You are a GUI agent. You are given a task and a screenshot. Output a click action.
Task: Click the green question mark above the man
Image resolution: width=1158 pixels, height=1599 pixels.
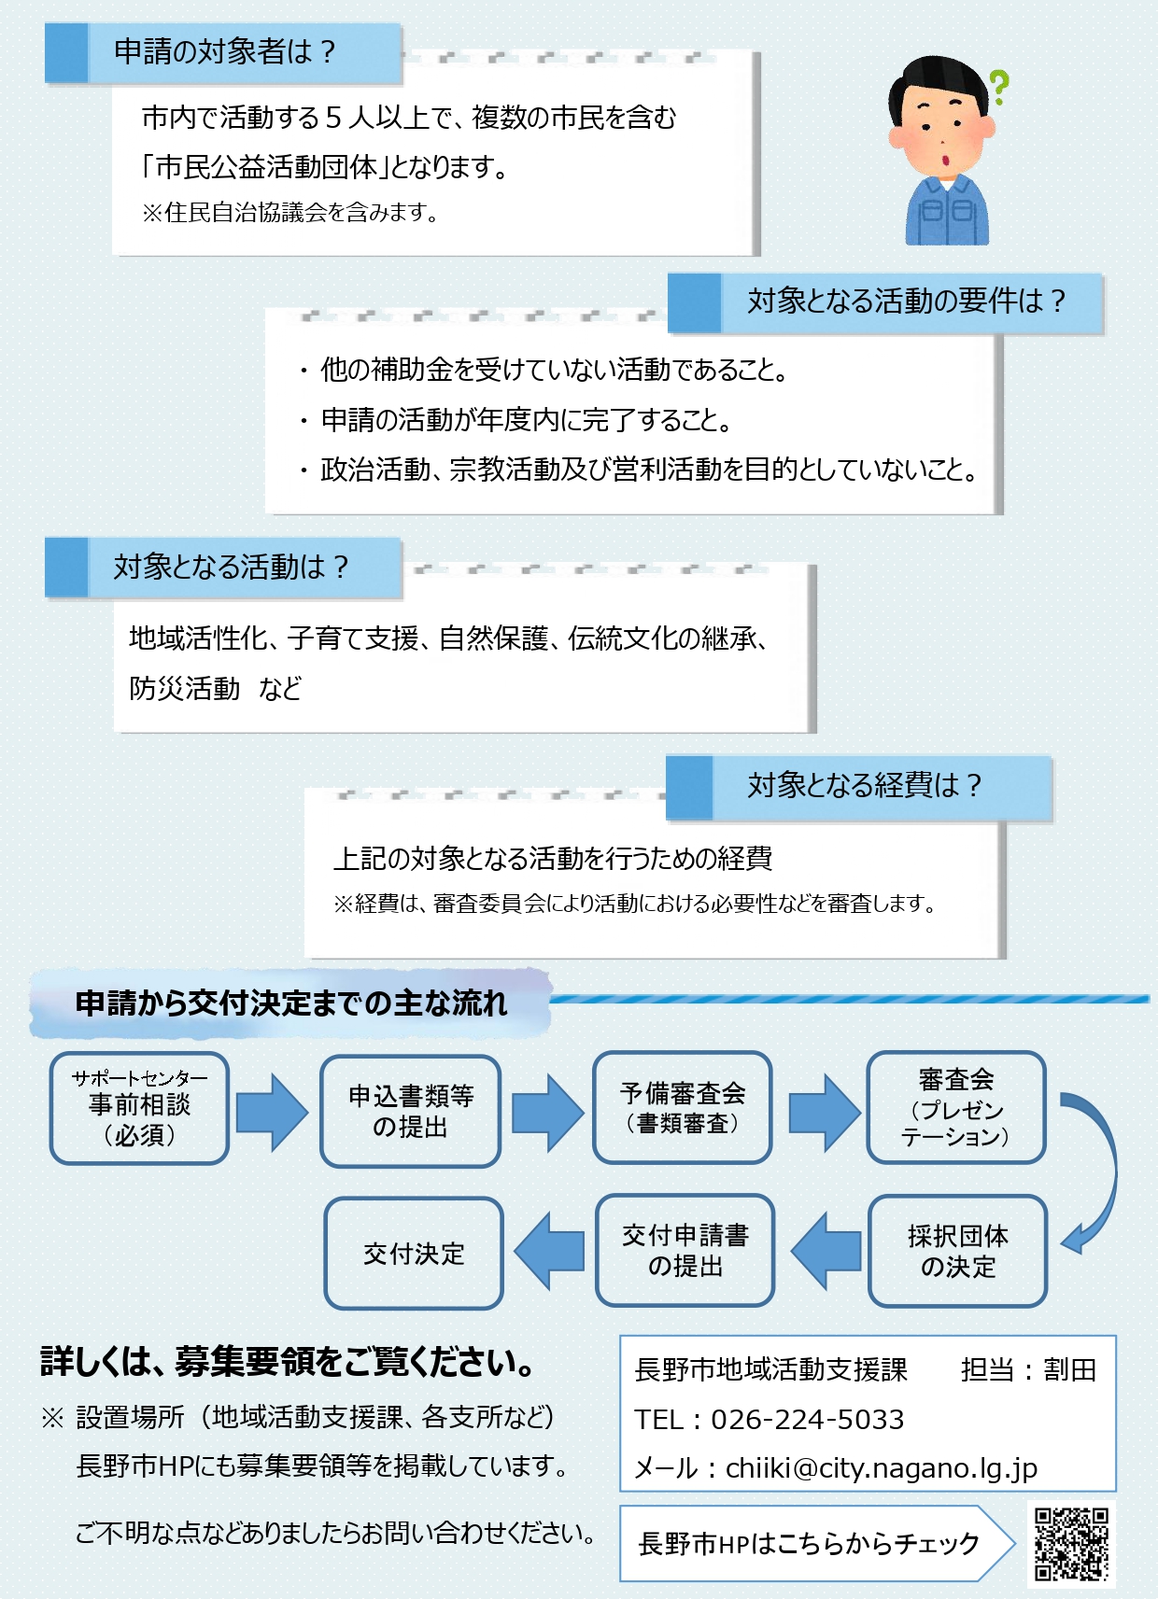click(x=998, y=87)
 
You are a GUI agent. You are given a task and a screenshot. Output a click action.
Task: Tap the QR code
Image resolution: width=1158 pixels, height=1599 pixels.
click(x=1071, y=1544)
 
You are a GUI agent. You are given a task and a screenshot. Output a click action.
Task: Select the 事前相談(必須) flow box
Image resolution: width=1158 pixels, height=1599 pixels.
click(x=139, y=1108)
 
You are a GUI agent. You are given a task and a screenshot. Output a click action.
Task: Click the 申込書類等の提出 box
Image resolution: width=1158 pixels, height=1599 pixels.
click(x=411, y=1111)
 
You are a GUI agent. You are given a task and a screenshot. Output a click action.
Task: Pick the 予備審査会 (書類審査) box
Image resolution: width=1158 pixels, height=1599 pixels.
click(x=683, y=1108)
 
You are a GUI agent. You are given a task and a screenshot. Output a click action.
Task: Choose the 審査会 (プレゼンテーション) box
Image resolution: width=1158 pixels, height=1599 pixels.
click(x=955, y=1108)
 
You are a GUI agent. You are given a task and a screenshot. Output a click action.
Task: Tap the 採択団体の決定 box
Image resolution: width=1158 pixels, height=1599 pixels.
click(x=957, y=1251)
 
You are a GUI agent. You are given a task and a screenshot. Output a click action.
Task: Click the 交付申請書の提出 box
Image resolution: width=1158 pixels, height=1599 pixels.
click(x=685, y=1251)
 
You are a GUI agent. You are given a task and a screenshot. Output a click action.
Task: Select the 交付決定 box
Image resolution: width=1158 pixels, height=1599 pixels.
click(x=414, y=1254)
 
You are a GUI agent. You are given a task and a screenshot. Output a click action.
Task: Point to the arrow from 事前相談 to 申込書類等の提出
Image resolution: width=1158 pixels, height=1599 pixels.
click(x=272, y=1111)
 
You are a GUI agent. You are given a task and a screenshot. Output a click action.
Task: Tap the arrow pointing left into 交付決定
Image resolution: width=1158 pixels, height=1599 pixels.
click(x=550, y=1251)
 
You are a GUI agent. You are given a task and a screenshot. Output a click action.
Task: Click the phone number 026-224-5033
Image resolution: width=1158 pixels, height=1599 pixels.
click(x=807, y=1420)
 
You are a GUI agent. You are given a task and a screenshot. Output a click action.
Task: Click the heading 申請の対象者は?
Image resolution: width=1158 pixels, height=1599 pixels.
click(x=224, y=52)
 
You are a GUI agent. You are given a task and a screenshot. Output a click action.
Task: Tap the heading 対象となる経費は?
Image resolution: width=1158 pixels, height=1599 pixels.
click(x=864, y=786)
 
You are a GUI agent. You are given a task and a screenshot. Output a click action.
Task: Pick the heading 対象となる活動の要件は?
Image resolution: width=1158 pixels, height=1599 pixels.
click(x=906, y=302)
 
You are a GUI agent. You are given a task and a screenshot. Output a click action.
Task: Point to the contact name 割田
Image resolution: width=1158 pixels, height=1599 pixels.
click(x=1069, y=1370)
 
